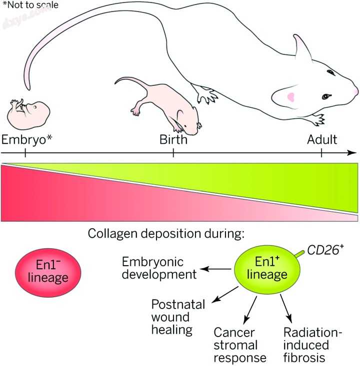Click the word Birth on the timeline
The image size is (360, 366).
click(173, 139)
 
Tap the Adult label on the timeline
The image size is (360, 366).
click(322, 139)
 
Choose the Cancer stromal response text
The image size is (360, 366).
click(235, 345)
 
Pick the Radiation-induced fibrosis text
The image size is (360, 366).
click(305, 345)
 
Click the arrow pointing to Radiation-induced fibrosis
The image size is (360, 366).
click(285, 309)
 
